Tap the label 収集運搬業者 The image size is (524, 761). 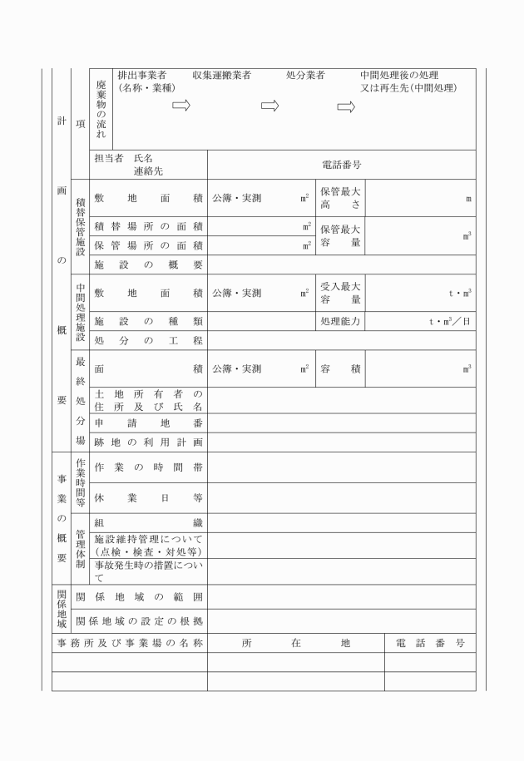pyautogui.click(x=221, y=75)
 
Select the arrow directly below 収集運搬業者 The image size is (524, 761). pyautogui.click(x=271, y=106)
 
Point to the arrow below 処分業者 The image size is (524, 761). pyautogui.click(x=347, y=106)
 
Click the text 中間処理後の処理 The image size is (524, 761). pyautogui.click(x=399, y=75)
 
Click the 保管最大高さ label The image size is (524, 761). pyautogui.click(x=340, y=198)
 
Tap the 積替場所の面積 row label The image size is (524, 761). pyautogui.click(x=149, y=226)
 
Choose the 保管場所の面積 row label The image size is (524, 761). pyautogui.click(x=149, y=245)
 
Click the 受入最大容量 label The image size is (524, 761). pyautogui.click(x=340, y=293)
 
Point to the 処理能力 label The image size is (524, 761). pyautogui.click(x=340, y=321)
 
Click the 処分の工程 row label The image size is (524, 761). pyautogui.click(x=149, y=340)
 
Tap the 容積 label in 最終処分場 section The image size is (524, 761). pyautogui.click(x=340, y=368)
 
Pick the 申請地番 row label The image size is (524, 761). pyautogui.click(x=149, y=423)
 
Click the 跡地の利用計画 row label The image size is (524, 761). pyautogui.click(x=149, y=442)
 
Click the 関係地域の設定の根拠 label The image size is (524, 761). pyautogui.click(x=139, y=620)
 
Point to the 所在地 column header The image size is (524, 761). pyautogui.click(x=296, y=643)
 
